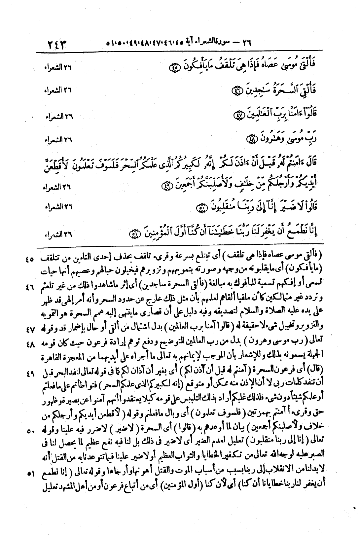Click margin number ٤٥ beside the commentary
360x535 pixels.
30,260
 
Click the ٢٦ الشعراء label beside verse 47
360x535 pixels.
58,116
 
